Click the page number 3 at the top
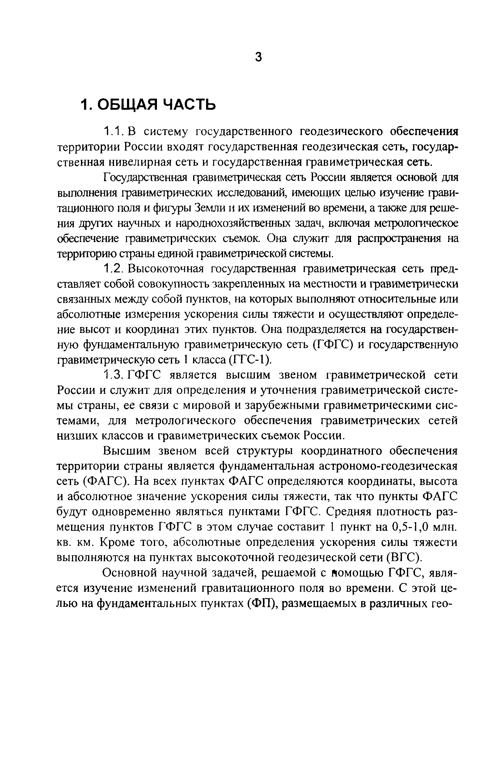click(258, 57)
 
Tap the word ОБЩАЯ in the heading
click(127, 104)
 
